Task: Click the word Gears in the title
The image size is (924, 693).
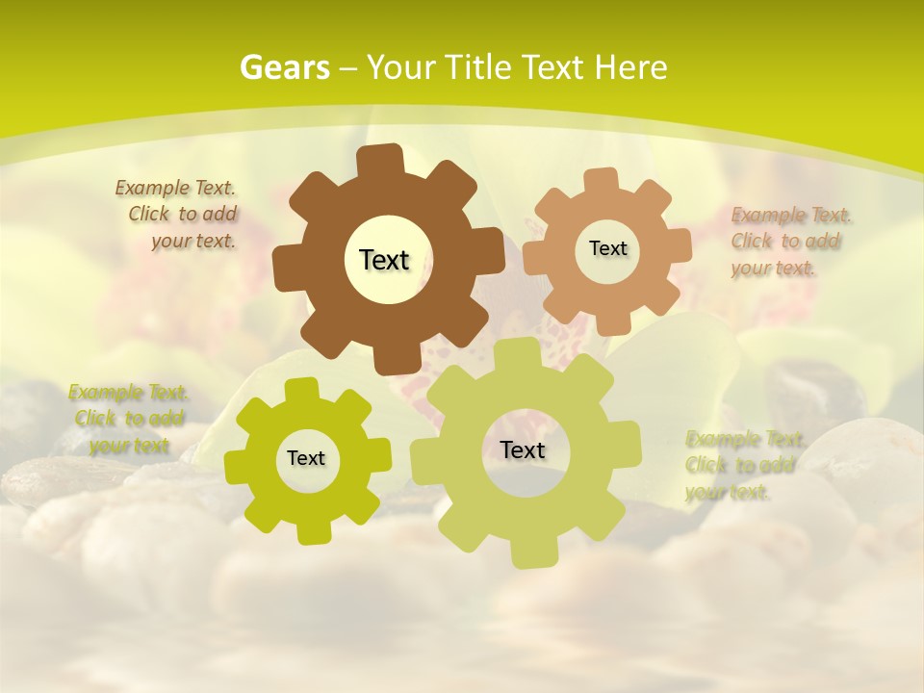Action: point(284,67)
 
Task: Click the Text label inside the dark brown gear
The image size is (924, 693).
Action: point(384,260)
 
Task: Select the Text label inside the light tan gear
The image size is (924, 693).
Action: point(607,248)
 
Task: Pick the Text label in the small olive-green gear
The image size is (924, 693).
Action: point(306,459)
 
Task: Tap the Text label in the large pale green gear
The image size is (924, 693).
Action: point(523,449)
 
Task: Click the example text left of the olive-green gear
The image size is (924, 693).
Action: point(129,419)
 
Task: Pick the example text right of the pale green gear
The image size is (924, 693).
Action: point(741,466)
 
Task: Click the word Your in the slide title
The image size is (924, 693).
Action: point(398,67)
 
